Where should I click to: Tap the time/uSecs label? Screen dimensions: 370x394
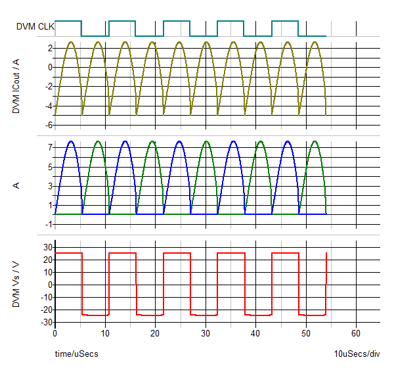[x=76, y=354]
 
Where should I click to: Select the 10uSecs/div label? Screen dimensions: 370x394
[x=357, y=354]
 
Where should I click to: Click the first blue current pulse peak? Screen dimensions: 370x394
[x=70, y=141]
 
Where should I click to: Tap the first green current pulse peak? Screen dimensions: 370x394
[x=98, y=141]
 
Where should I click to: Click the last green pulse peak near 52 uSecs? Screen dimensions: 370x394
[x=315, y=141]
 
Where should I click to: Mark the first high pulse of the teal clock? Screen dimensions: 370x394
[x=68, y=21]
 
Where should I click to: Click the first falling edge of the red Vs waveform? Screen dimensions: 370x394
[x=82, y=283]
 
